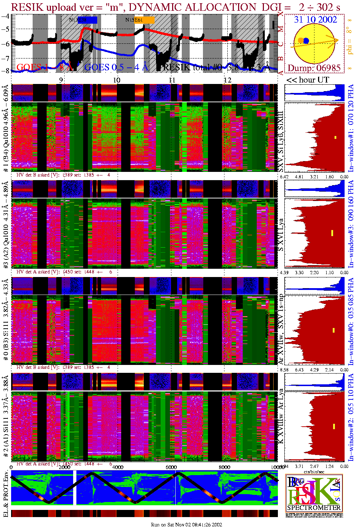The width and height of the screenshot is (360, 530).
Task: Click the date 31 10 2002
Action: pos(315,20)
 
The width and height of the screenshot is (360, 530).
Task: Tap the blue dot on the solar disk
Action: pos(306,41)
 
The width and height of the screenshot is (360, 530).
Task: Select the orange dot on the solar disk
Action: pos(300,40)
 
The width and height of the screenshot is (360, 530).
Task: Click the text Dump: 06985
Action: pos(314,68)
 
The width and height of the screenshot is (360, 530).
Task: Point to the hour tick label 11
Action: pos(172,80)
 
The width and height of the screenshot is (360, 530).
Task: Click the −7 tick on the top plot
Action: pos(5,58)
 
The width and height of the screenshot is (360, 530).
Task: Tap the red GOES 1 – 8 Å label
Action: pos(45,67)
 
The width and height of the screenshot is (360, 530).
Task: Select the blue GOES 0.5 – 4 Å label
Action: pos(116,67)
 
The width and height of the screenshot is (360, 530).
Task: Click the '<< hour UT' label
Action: pos(308,80)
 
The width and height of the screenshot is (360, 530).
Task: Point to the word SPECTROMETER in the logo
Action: pos(314,507)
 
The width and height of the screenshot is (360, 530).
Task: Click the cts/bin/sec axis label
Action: pos(314,472)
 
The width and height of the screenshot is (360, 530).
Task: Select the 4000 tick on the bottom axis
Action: pos(118,467)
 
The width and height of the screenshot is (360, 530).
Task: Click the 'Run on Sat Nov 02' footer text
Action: pos(186,525)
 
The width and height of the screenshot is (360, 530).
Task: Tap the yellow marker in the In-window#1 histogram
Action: pos(336,137)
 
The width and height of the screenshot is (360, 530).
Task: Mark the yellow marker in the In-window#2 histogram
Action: pos(334,426)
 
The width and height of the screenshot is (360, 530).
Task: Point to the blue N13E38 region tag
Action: pos(83,20)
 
